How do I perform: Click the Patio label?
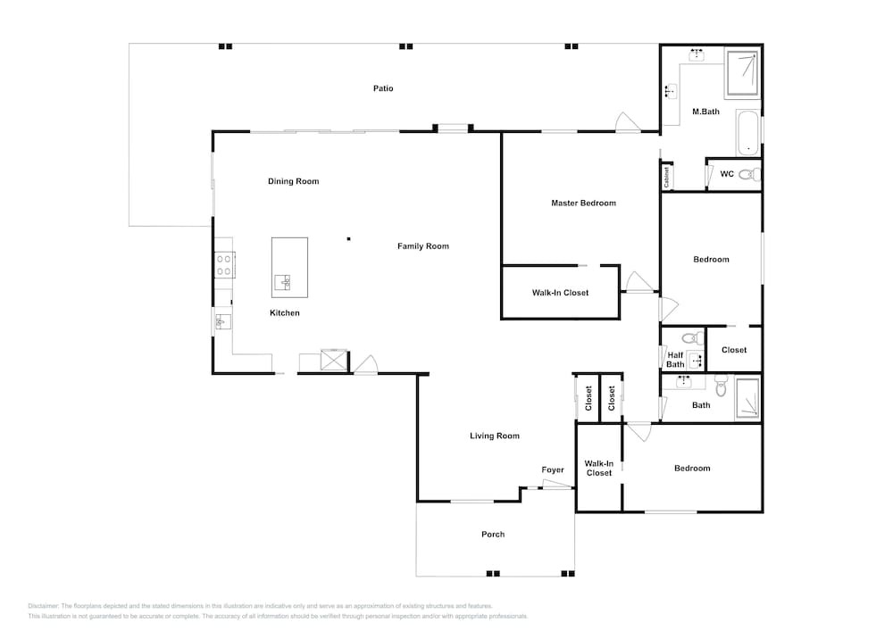383,88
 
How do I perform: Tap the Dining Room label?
293,181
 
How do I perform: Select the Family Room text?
423,246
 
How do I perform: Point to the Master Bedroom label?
583,203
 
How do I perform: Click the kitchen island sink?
283,282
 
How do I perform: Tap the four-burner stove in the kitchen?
224,265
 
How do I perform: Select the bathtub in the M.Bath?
747,133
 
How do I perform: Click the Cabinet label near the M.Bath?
666,177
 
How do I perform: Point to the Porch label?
493,535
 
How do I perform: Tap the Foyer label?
553,470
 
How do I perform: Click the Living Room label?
495,436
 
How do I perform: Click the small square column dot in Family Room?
348,239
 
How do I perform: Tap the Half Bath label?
675,360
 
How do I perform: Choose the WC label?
727,174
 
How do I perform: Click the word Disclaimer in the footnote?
43,606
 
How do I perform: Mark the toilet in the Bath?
721,386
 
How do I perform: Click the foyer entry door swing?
556,484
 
